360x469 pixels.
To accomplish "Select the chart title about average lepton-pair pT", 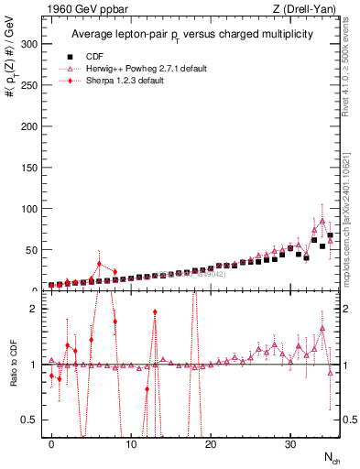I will click(x=192, y=34).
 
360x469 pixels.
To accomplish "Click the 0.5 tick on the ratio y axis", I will click(x=33, y=420).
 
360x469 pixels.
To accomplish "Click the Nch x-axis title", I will click(x=329, y=457).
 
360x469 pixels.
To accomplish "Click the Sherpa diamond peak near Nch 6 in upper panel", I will click(x=99, y=264).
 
